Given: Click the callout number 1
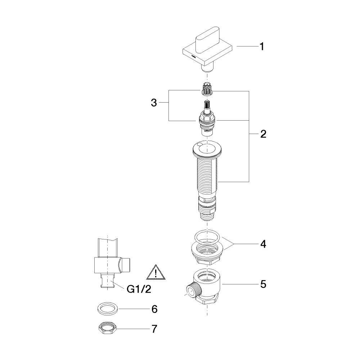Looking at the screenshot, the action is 261,46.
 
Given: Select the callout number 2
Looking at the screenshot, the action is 263,134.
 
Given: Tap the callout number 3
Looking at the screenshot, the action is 154,103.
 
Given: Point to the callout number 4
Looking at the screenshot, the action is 263,244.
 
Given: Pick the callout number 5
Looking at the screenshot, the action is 263,284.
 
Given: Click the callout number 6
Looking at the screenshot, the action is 154,309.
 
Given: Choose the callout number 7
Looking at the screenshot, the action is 154,329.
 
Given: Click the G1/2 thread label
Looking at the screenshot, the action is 139,289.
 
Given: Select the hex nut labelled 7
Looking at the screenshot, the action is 107,329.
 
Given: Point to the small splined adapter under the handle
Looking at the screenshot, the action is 207,89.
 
